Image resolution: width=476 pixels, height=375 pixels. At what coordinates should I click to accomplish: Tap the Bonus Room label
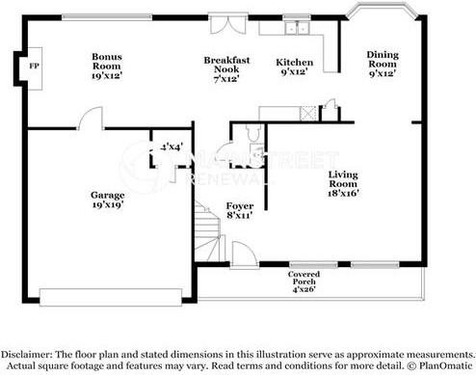pos(107,63)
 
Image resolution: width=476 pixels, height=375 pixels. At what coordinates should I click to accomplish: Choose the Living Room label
pos(343,184)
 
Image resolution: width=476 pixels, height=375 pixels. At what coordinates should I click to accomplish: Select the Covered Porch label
pos(305,280)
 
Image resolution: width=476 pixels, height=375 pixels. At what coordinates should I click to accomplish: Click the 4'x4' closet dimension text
pos(172,147)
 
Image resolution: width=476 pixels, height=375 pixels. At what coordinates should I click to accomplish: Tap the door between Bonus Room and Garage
pos(92,121)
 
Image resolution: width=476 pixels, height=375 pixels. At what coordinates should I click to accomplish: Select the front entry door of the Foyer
pos(245,255)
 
